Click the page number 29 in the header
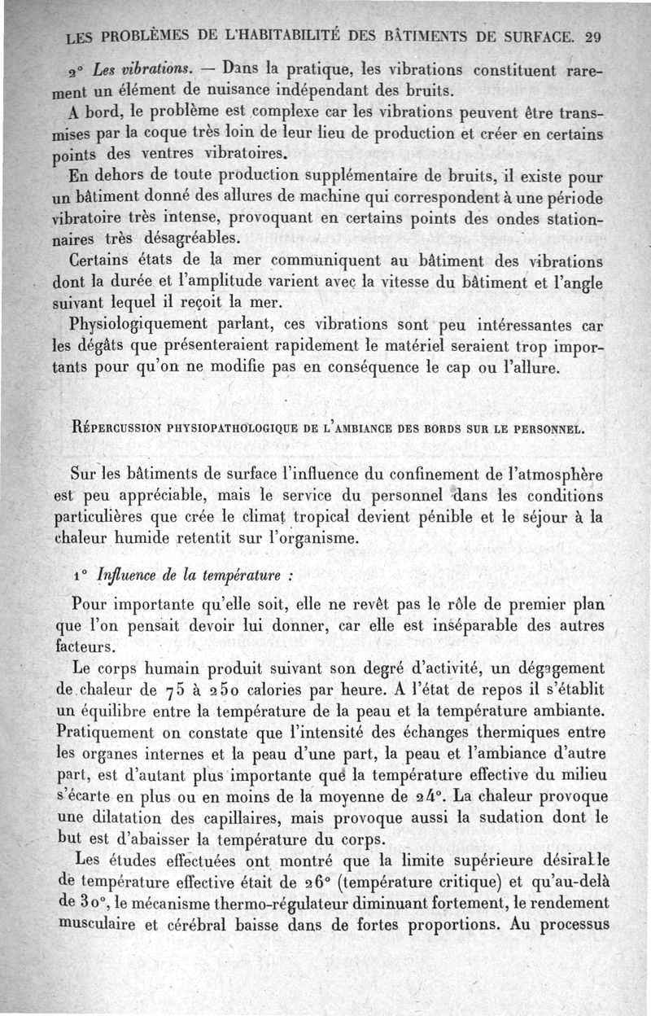[x=592, y=37]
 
